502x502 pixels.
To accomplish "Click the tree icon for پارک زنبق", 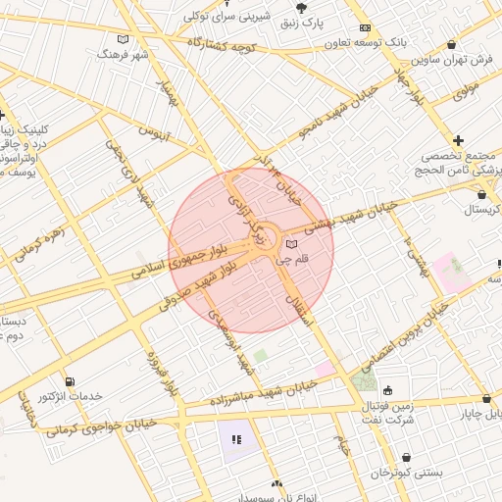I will tap(300, 7).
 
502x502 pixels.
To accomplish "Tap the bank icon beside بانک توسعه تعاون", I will tap(365, 28).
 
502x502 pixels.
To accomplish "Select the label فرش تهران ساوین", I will tap(452, 61).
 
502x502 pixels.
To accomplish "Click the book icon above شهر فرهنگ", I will tap(123, 39).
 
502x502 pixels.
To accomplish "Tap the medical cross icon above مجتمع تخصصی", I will tap(459, 141).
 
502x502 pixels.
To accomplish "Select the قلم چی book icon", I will tap(291, 242).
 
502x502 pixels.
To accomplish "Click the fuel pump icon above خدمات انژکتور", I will tap(69, 381).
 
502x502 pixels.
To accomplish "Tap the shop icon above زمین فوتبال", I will tap(387, 388).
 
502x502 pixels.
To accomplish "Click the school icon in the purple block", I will tap(235, 440).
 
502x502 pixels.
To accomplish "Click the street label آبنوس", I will tap(155, 131).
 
